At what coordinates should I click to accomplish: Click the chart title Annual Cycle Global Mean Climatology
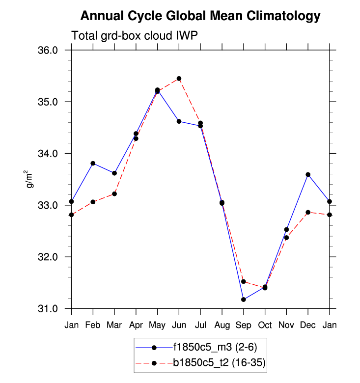click(x=200, y=16)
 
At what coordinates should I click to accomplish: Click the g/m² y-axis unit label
click(x=30, y=180)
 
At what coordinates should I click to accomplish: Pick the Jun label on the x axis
click(x=179, y=325)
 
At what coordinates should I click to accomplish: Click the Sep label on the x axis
click(x=244, y=325)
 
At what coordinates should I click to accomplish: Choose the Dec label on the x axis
click(x=308, y=325)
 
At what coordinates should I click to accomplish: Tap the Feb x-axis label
click(x=93, y=325)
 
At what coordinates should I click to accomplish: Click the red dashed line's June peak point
click(x=179, y=79)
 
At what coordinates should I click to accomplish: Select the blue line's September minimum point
click(x=244, y=300)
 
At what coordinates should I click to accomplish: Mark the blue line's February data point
click(x=93, y=163)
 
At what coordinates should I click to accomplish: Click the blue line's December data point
click(x=308, y=174)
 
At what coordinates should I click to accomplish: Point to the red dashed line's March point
click(x=114, y=193)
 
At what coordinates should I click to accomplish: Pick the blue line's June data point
click(x=179, y=121)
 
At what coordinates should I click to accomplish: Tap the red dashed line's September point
click(x=244, y=282)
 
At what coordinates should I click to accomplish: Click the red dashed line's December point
click(x=308, y=212)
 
